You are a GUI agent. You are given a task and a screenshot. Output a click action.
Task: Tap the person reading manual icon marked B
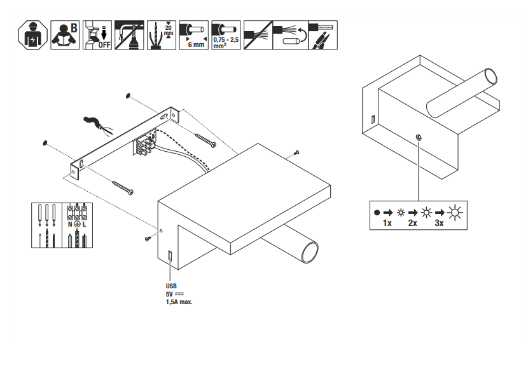[66, 36]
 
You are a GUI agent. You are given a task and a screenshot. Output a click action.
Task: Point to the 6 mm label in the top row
[195, 45]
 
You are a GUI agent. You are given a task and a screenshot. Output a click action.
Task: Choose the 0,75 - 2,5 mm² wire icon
[226, 36]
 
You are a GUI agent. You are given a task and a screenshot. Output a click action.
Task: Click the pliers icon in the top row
[323, 36]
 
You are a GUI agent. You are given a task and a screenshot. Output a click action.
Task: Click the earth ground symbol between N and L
[76, 224]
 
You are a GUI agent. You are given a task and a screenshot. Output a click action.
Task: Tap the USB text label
[171, 286]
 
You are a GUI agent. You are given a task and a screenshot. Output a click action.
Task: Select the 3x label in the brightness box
[439, 224]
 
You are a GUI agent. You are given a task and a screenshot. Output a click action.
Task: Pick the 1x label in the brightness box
[387, 224]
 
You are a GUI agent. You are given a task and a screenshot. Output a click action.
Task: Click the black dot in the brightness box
[377, 213]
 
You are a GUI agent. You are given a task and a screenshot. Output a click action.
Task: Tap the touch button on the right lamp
[418, 137]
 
